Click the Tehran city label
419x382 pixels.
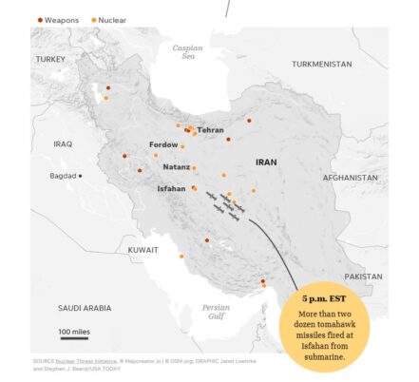click(210, 129)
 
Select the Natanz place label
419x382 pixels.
click(176, 166)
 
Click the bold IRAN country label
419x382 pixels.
click(266, 162)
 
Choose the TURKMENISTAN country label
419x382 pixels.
click(322, 64)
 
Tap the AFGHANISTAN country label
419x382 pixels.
click(351, 178)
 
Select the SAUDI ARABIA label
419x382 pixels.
click(84, 308)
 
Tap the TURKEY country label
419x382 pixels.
click(50, 59)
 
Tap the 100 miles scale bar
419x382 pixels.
click(74, 334)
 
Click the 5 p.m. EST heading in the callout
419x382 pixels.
click(325, 298)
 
